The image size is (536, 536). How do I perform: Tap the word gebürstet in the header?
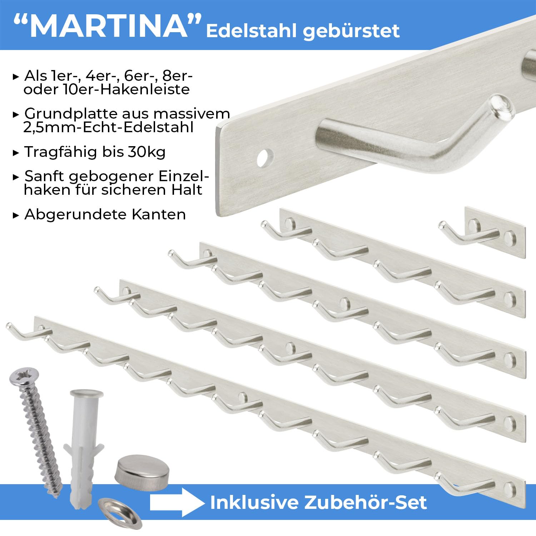coord(352,31)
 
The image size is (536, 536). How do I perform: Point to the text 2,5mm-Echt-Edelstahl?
coord(109,128)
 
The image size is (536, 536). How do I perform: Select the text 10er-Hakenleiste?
coord(126,89)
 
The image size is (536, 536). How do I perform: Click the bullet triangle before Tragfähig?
coord(16,153)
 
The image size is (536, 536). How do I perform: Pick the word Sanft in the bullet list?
coord(44,176)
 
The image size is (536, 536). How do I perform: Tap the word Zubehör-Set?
coord(366,502)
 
